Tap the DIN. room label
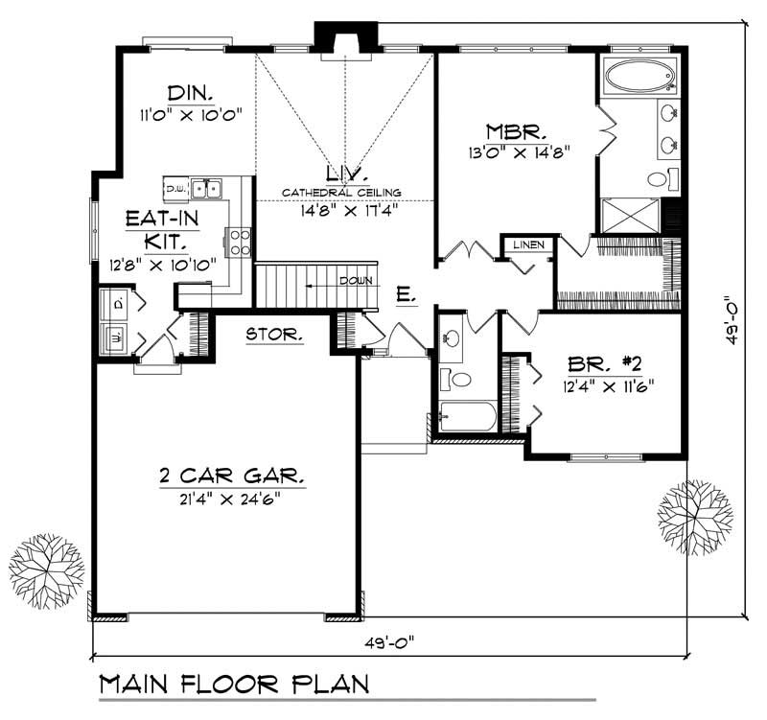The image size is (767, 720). (189, 93)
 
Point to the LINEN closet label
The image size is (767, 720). (528, 244)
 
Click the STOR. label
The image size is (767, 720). (275, 335)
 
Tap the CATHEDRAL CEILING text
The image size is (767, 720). (341, 192)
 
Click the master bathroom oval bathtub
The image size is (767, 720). (641, 74)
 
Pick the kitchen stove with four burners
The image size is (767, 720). (240, 242)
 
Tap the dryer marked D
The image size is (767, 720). (117, 304)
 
